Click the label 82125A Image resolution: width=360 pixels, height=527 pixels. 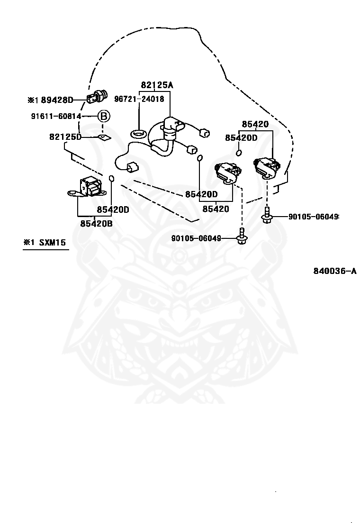coord(157,85)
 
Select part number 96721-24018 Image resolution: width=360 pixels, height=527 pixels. coord(139,99)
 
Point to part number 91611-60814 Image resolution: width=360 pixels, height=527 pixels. coord(56,116)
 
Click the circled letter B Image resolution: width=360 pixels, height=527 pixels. coord(104,116)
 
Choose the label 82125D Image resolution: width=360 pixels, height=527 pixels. coord(65,137)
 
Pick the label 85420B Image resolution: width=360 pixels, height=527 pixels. coord(96,223)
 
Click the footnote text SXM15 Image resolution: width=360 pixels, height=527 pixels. coord(53,242)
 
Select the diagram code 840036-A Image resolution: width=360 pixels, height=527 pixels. coord(335,271)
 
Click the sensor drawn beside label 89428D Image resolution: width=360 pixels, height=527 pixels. coord(97,97)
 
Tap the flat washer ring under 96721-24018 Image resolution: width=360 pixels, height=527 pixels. coord(138,134)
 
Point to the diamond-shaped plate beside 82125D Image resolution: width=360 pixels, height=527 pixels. coord(104,137)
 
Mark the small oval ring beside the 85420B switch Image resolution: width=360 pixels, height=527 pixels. coord(112,178)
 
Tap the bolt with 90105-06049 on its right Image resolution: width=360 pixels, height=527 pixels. coord(242,236)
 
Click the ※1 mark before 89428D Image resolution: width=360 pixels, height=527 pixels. coord(33,100)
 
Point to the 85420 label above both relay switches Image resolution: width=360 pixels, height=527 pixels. coord(255,124)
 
